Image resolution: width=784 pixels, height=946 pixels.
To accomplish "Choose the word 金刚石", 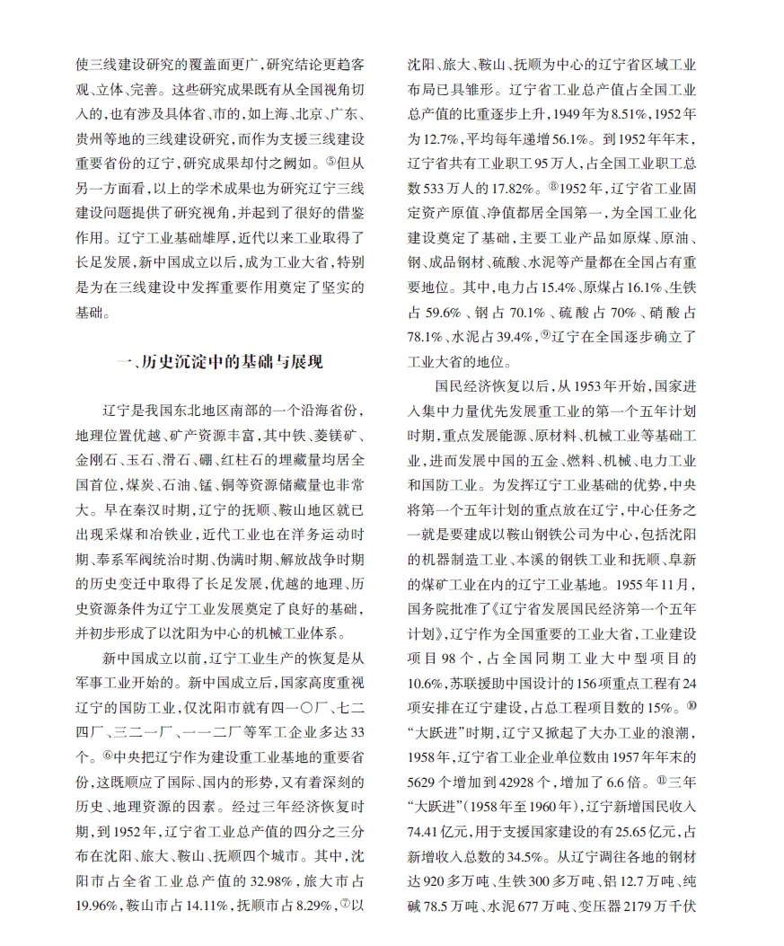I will click(95, 460).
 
